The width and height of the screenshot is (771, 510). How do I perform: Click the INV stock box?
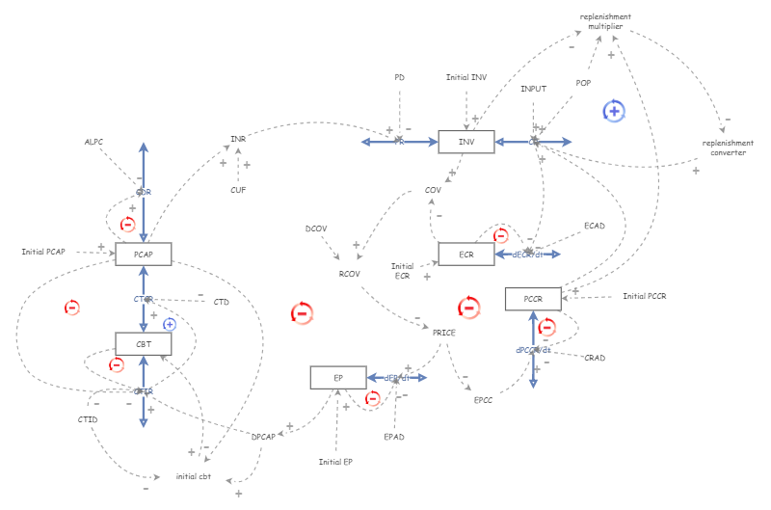[465, 142]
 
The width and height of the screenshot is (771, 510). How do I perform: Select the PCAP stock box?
[143, 254]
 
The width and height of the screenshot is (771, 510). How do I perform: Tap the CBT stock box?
[143, 343]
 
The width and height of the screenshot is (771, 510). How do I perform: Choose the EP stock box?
[337, 377]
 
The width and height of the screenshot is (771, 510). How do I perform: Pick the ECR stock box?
[465, 254]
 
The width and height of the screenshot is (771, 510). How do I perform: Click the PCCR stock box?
[533, 299]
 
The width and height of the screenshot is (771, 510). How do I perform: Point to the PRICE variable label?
[443, 332]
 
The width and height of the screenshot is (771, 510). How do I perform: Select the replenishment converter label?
[728, 148]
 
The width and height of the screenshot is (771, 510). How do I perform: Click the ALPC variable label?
[93, 142]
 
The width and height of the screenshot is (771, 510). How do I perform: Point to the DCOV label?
[315, 228]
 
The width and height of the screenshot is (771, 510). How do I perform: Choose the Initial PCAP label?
[43, 252]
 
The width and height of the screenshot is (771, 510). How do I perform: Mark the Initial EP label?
[335, 462]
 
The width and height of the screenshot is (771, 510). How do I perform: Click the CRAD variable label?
[595, 358]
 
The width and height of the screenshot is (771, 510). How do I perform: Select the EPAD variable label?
[393, 437]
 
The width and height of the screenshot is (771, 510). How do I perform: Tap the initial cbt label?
[193, 477]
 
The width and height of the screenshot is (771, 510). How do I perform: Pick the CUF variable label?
[237, 190]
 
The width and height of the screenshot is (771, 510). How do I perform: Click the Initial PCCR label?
[644, 296]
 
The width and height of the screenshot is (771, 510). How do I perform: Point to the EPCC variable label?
[483, 398]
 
